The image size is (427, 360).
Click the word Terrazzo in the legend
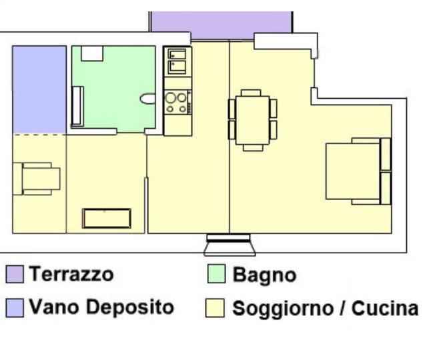[x=71, y=274]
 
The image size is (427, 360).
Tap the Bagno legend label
[x=264, y=275]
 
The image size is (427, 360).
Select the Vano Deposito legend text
[x=101, y=307]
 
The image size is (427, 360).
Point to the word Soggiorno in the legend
[x=283, y=309]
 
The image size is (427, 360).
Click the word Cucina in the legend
[x=385, y=308]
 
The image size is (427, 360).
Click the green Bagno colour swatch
[x=216, y=274]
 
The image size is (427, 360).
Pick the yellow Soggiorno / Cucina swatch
[x=215, y=308]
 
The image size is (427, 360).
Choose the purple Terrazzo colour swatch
[x=15, y=274]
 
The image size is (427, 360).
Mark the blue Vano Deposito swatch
[x=15, y=308]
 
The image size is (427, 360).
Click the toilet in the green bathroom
[x=148, y=99]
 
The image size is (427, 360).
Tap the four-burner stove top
[x=177, y=102]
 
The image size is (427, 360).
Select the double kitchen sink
[x=177, y=61]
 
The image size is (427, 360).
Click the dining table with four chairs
[x=252, y=120]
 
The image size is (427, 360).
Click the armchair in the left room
[x=37, y=179]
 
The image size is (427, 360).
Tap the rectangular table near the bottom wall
[x=107, y=218]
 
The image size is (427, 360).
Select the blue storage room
[x=39, y=90]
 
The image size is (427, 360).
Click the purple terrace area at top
[x=221, y=25]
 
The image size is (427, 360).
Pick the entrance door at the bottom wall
[x=230, y=245]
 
